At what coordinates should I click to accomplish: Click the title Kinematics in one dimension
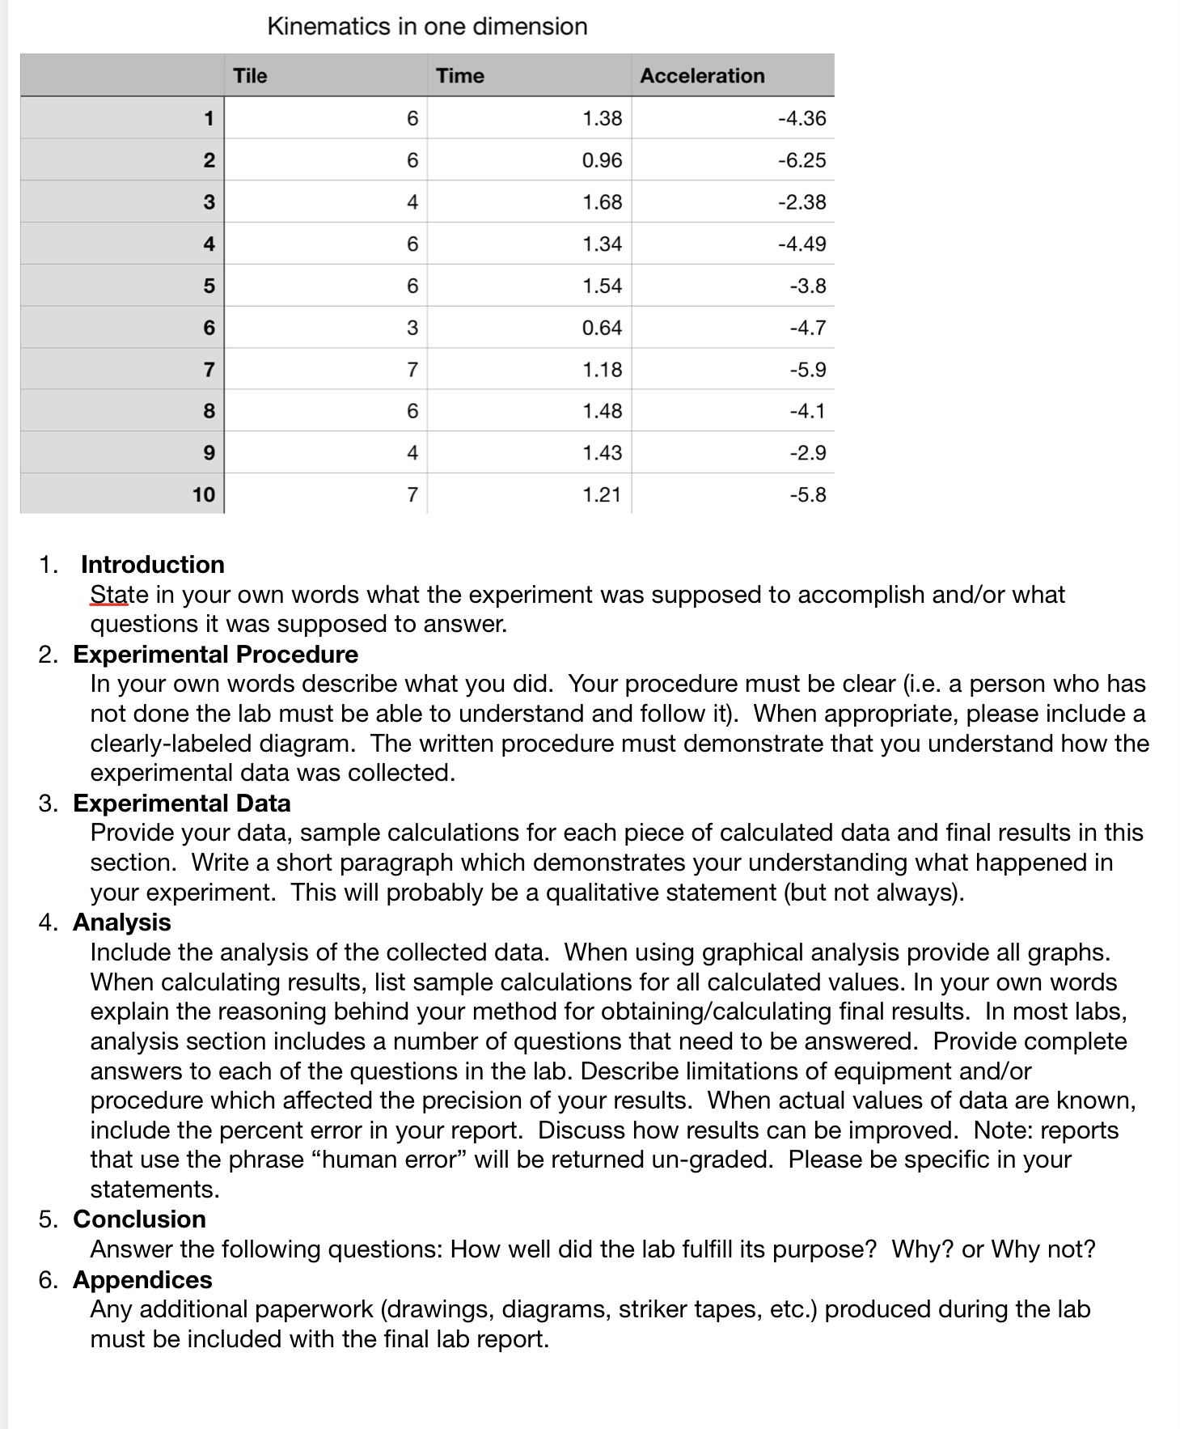point(427,27)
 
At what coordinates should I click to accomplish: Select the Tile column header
point(250,76)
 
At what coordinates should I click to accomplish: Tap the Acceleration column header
point(702,76)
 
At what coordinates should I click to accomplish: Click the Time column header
point(459,76)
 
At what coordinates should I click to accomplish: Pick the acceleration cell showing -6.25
point(801,160)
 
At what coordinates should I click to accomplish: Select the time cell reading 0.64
point(602,328)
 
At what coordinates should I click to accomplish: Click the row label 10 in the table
point(204,494)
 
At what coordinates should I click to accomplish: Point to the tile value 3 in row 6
point(412,328)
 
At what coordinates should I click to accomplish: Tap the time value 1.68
point(602,202)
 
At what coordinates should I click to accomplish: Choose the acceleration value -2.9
point(807,452)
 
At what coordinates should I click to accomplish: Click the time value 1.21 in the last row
point(602,494)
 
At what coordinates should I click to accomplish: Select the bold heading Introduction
point(152,564)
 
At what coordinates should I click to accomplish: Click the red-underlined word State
point(109,595)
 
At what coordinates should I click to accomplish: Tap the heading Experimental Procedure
point(215,654)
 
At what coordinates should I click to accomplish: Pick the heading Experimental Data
point(181,803)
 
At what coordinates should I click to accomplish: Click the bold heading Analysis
point(121,922)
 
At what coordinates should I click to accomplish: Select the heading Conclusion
point(139,1219)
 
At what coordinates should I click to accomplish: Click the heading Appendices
point(142,1279)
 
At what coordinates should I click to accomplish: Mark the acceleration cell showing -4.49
point(801,244)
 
